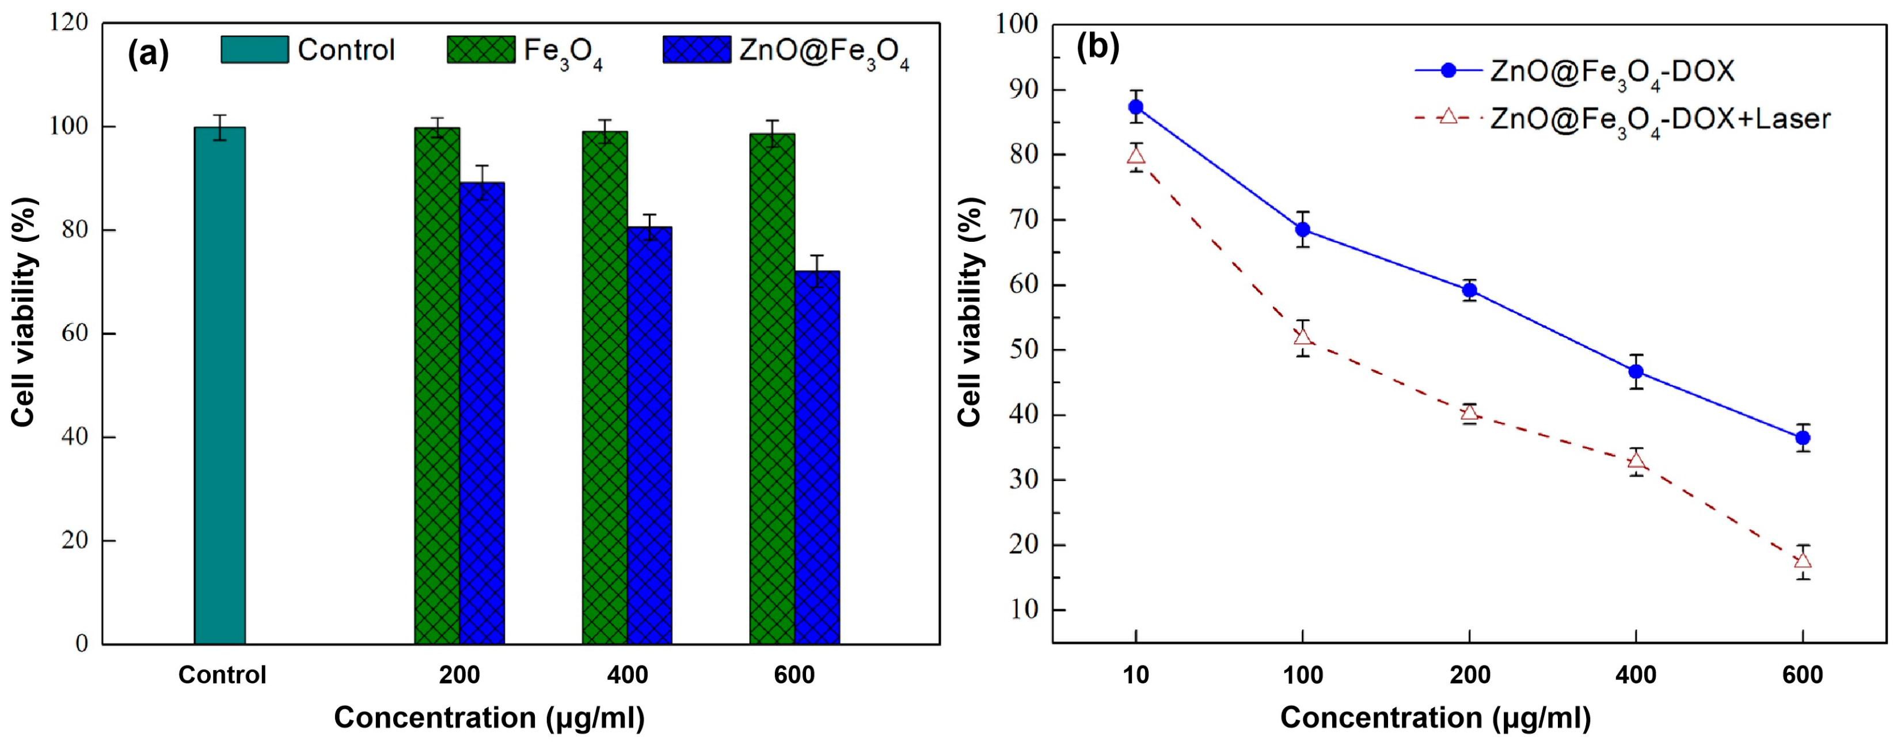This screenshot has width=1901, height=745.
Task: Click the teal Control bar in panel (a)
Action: coord(219,384)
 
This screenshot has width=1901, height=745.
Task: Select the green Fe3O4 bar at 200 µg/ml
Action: coord(437,384)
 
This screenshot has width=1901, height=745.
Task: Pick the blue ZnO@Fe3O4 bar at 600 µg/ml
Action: coord(817,458)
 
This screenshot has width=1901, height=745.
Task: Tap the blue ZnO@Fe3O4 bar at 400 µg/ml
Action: coord(649,436)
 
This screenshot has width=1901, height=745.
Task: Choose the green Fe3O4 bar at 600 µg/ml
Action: coord(772,387)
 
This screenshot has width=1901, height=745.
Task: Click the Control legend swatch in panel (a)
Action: coord(254,50)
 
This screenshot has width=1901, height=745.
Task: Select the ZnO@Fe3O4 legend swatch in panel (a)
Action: coord(697,50)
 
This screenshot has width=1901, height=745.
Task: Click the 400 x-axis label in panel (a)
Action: coord(628,675)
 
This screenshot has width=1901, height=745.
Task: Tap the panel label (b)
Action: coord(1097,47)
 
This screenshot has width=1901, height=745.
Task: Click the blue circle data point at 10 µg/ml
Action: coord(1136,107)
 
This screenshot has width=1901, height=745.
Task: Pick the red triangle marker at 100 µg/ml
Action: coord(1302,337)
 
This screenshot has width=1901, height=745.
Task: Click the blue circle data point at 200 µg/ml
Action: coord(1469,290)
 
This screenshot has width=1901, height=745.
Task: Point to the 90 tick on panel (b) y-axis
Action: coord(1021,89)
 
